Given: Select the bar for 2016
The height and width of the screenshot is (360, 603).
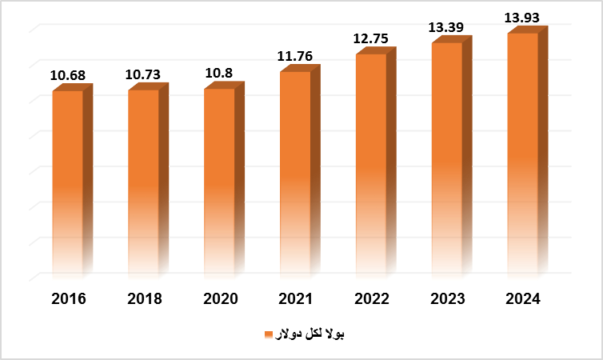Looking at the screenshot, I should tap(68, 184).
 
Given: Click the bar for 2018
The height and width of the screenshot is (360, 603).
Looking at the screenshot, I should tap(144, 184).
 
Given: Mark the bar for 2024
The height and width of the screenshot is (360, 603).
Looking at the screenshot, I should tap(522, 155).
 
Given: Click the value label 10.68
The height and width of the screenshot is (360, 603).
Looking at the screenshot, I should tap(68, 76).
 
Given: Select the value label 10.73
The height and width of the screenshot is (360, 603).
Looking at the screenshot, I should tap(144, 75).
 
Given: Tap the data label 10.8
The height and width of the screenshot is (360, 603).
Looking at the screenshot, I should tap(220, 74).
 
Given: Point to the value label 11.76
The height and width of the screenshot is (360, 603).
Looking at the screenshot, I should tap(296, 57).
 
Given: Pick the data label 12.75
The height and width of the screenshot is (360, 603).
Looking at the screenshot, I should tap(372, 38).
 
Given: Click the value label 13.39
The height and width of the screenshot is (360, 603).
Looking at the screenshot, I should tap(447, 28).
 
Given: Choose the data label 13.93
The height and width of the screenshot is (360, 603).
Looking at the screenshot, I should tap(523, 17).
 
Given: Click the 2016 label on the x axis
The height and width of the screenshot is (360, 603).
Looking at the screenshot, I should tap(68, 299).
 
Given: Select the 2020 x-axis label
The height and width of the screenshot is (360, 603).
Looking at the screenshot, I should tap(220, 299).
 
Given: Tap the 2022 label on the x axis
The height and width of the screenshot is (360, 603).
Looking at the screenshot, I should tap(372, 299).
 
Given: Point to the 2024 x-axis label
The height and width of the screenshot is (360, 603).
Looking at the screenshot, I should tap(523, 299).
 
